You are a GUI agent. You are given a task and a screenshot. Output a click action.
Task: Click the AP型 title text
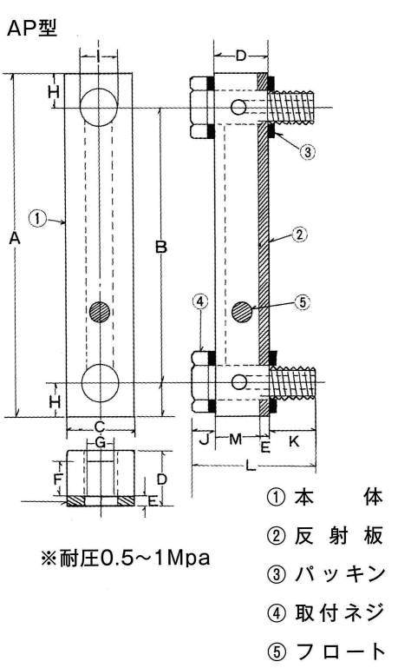32,29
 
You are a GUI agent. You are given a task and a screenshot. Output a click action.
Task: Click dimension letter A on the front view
15,239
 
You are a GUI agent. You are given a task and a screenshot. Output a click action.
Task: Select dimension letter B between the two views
160,247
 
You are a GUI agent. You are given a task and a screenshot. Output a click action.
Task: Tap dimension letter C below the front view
99,426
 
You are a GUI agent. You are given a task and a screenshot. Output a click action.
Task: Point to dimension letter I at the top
99,56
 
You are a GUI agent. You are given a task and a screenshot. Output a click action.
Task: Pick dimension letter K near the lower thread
294,441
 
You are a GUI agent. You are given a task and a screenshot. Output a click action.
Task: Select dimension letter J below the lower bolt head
205,439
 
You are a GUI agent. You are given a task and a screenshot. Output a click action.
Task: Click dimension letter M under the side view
235,439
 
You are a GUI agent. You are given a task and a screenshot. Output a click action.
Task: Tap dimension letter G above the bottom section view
100,442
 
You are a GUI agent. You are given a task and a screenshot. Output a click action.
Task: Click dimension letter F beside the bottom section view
58,480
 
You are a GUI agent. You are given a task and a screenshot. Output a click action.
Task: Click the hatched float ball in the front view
100,312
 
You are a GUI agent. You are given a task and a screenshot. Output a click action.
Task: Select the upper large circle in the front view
99,108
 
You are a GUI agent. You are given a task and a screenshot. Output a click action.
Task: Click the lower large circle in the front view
100,382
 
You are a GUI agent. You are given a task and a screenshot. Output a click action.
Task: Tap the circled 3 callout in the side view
307,151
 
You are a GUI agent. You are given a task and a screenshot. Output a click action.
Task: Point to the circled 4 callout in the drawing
200,301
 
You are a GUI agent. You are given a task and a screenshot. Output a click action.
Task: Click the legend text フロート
340,651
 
